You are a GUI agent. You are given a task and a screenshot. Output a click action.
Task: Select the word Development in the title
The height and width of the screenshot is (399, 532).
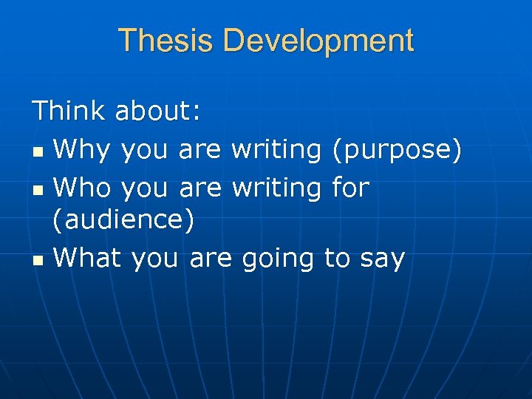click(x=318, y=41)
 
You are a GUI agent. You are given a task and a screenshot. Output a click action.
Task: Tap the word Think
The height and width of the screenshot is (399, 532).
click(x=69, y=111)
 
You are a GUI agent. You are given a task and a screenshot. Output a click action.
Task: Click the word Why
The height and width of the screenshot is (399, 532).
click(x=82, y=151)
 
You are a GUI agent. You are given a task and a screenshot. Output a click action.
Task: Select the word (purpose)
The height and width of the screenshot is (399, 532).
click(x=397, y=151)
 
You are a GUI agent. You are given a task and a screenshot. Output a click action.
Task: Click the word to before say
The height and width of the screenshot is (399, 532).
click(x=337, y=259)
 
